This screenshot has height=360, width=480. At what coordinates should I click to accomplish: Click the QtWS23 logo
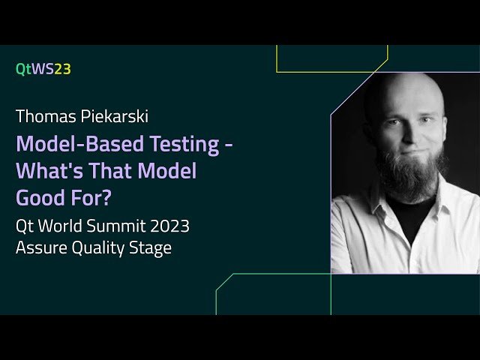click(43, 69)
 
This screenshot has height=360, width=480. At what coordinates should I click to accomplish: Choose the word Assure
click(40, 247)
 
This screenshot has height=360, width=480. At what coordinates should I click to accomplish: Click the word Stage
click(153, 247)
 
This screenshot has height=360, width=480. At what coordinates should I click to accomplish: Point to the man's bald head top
click(402, 86)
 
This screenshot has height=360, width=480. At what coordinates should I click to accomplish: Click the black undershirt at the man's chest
click(409, 217)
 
